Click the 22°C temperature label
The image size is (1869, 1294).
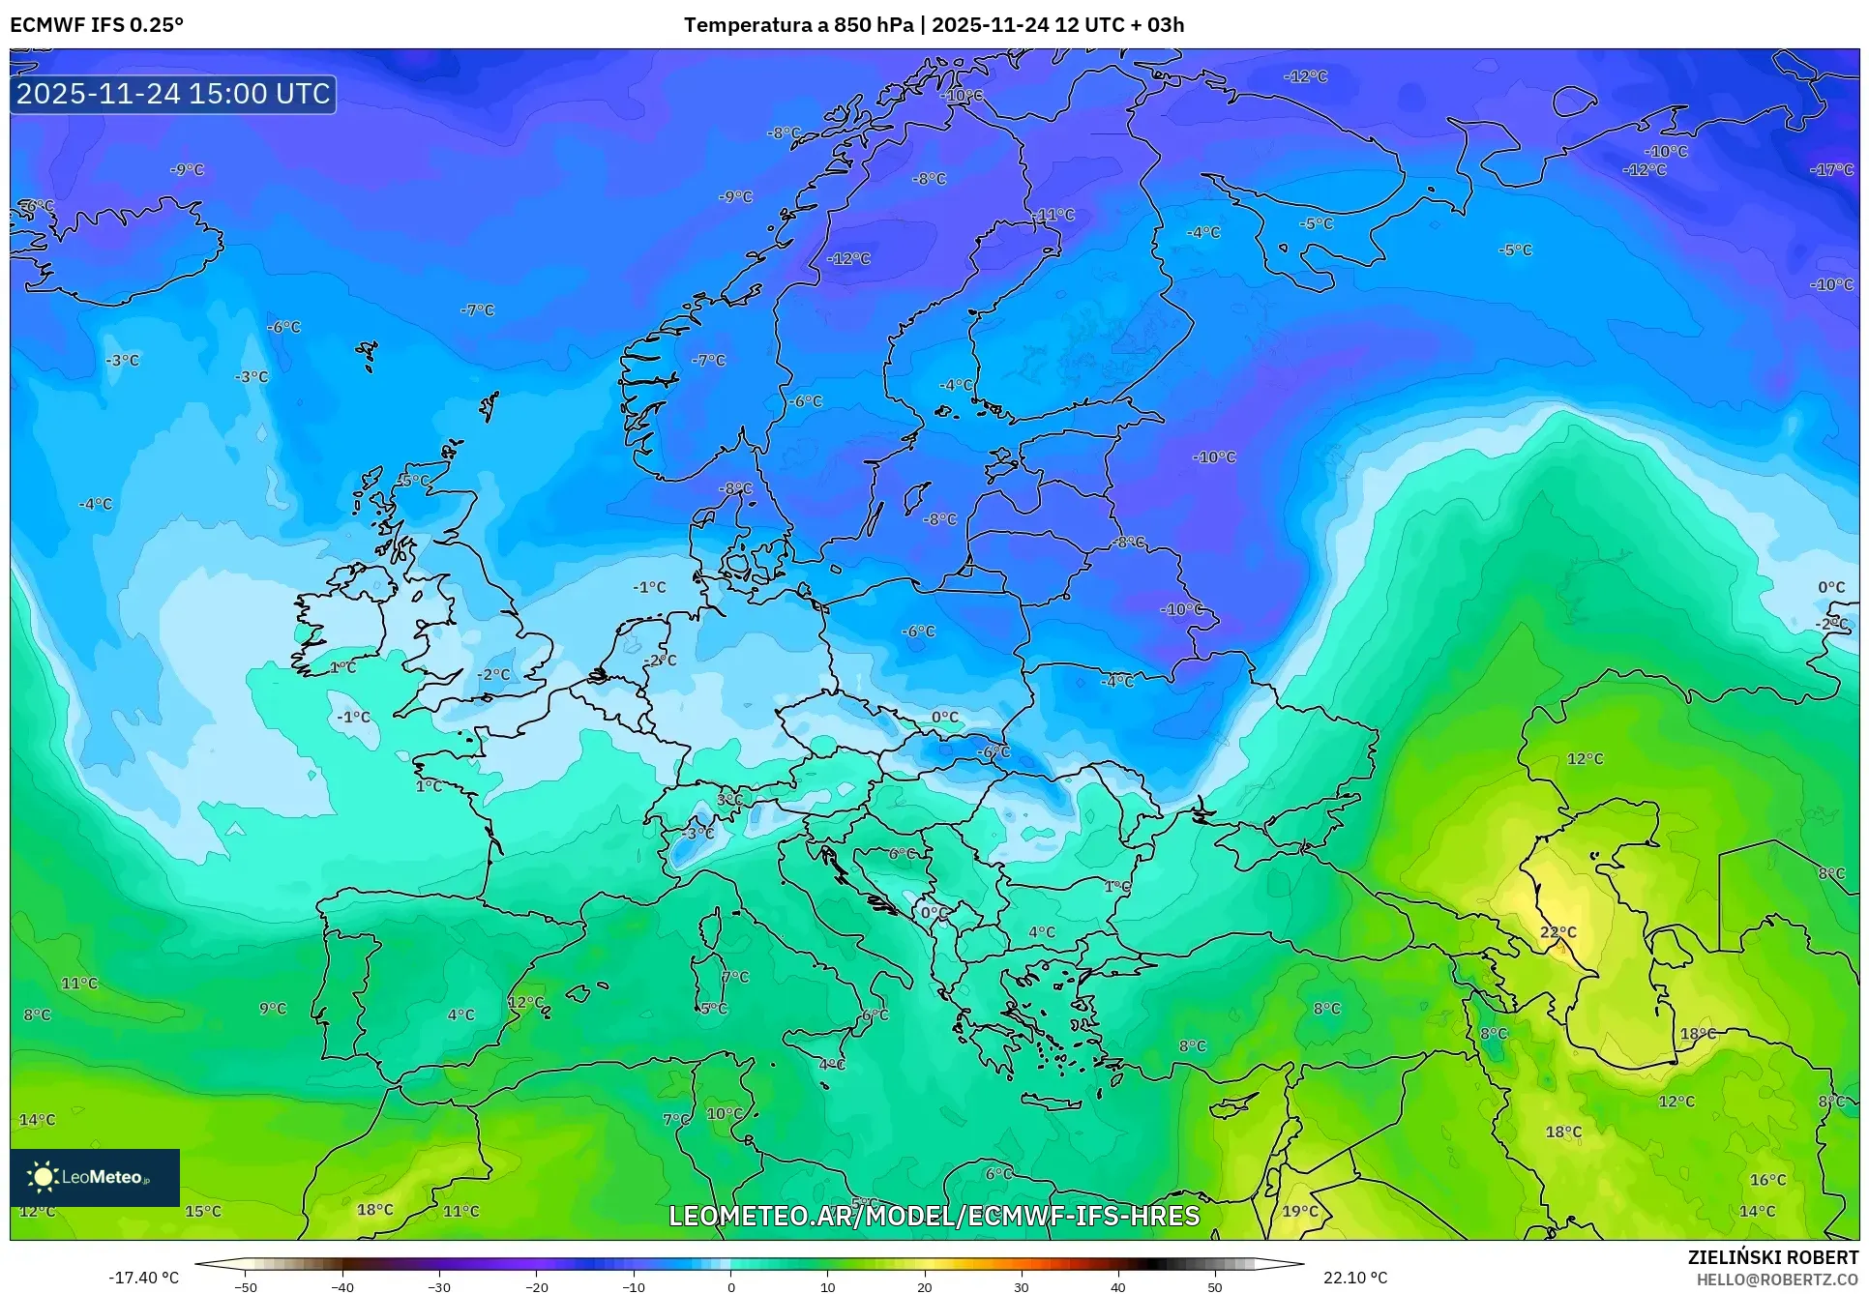coord(1557,932)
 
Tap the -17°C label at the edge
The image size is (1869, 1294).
coord(1831,170)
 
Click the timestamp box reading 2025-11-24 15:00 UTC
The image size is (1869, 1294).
coord(173,94)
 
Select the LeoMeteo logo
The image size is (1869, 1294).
coord(94,1177)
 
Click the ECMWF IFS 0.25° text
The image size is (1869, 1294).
coord(96,25)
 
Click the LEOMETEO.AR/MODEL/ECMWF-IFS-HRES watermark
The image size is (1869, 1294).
coord(934,1216)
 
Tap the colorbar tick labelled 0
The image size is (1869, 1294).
coord(730,1286)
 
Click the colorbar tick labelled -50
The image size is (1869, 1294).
coord(246,1286)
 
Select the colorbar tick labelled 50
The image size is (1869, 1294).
coord(1215,1286)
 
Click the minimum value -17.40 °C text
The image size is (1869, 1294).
coord(143,1278)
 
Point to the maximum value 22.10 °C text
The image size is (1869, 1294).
coord(1355,1278)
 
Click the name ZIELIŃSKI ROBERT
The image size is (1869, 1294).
coord(1772,1257)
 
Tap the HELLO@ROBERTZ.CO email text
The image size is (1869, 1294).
coord(1777,1279)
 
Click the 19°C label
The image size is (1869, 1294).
coord(1300,1211)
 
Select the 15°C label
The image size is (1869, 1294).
coord(203,1211)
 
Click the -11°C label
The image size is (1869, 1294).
coord(1054,215)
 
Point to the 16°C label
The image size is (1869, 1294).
coord(1767,1180)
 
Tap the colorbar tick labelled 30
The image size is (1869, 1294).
coord(1022,1286)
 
